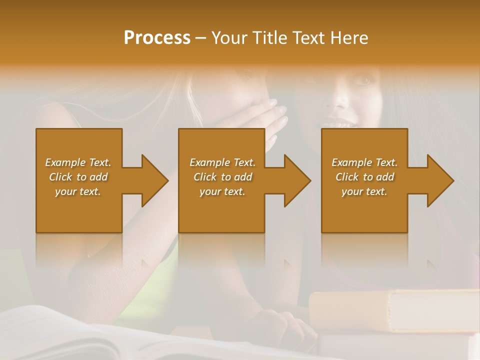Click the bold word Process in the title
pyautogui.click(x=157, y=38)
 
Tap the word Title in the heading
pyautogui.click(x=267, y=38)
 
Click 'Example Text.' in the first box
pyautogui.click(x=78, y=162)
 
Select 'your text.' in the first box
pyautogui.click(x=78, y=191)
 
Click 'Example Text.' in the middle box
pyautogui.click(x=222, y=162)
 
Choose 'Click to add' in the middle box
pyautogui.click(x=222, y=177)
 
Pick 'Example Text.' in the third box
pyautogui.click(x=364, y=162)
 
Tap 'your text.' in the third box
pyautogui.click(x=364, y=191)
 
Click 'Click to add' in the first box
pyautogui.click(x=78, y=177)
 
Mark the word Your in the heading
pyautogui.click(x=228, y=38)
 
